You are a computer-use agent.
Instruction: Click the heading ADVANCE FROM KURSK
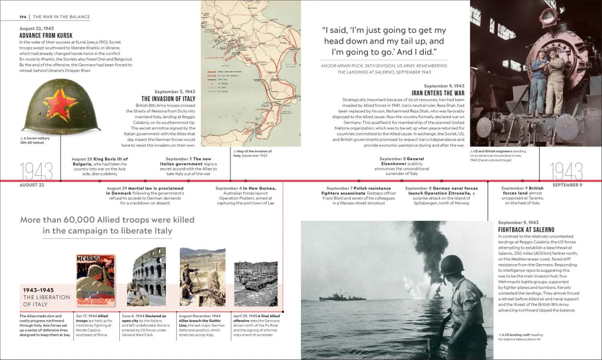click(x=46, y=35)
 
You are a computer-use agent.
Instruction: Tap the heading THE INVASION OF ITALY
click(x=168, y=99)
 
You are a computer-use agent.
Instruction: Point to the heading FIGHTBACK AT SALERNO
click(x=526, y=229)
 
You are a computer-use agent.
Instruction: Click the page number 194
click(x=24, y=17)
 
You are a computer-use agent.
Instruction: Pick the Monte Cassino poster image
click(x=95, y=279)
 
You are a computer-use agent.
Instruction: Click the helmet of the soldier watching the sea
click(x=451, y=265)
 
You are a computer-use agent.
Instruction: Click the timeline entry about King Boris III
click(x=99, y=166)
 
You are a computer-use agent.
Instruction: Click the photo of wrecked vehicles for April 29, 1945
click(x=256, y=281)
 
